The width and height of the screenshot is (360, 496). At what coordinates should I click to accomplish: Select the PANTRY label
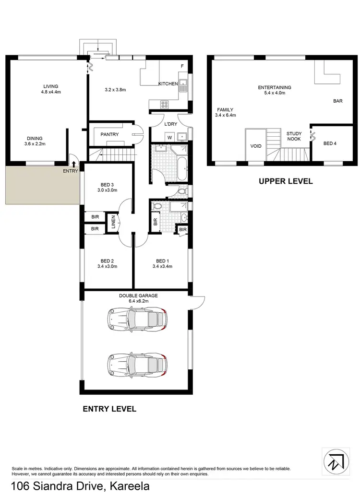[x=109, y=135]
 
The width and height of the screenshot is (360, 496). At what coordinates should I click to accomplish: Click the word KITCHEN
[x=168, y=84]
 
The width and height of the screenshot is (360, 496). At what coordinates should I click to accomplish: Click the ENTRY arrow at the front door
[x=73, y=164]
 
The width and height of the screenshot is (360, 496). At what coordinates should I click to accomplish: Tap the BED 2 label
[x=107, y=260]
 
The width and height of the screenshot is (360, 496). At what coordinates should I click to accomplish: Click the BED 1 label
[x=162, y=260]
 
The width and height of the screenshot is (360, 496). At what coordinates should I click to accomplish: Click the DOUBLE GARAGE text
[x=138, y=296]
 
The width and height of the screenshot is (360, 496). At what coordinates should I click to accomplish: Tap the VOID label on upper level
[x=256, y=146]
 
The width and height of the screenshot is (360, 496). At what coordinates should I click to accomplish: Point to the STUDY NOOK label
[x=294, y=136]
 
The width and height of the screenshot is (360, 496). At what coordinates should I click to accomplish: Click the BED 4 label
[x=330, y=143]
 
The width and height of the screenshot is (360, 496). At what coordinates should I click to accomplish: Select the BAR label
[x=337, y=101]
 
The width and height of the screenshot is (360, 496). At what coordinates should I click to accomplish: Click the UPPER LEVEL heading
[x=286, y=181]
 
